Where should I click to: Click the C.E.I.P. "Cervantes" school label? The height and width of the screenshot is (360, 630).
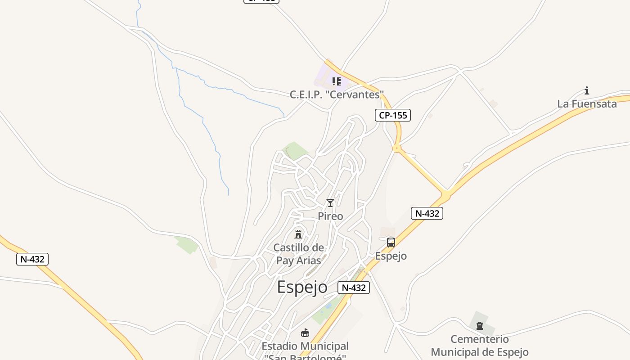[337, 95]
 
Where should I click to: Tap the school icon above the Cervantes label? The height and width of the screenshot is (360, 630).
[336, 81]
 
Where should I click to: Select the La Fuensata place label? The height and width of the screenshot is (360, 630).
[587, 104]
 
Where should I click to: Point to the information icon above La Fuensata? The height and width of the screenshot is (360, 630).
[587, 90]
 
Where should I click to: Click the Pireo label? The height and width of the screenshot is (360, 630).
[330, 216]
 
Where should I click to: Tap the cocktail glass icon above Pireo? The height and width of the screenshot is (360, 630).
[330, 203]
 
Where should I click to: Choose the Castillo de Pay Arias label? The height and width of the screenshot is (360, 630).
[298, 254]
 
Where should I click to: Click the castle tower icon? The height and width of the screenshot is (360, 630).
[298, 234]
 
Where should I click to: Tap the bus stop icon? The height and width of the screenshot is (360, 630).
[391, 243]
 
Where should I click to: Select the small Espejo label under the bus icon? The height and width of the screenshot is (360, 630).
[391, 256]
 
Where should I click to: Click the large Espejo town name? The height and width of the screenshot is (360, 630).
[302, 287]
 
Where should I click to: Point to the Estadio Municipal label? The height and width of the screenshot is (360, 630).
[305, 346]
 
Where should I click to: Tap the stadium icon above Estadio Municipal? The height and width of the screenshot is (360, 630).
[305, 333]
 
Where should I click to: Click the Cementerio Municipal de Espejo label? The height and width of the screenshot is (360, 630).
[480, 345]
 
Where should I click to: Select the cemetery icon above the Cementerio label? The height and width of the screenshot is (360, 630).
[480, 325]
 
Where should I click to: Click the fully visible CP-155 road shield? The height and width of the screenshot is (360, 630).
[393, 115]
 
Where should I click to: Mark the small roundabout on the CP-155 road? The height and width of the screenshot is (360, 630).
[396, 148]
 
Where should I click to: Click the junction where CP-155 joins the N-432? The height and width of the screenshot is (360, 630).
[445, 195]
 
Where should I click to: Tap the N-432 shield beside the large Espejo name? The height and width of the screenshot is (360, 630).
[354, 288]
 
